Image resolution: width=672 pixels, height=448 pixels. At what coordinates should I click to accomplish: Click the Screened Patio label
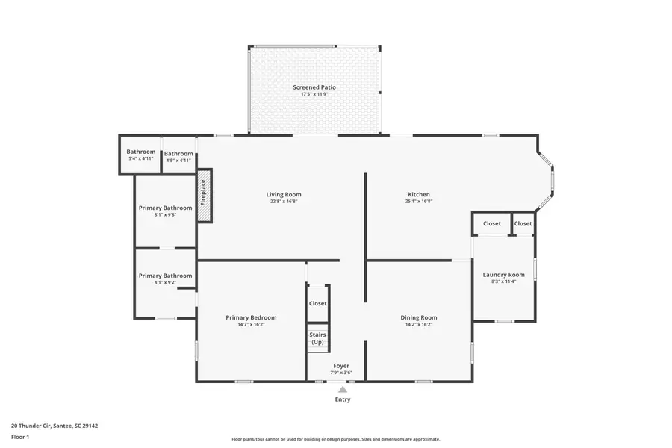point(314,87)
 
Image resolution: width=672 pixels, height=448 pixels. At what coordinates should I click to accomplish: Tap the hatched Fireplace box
point(204,195)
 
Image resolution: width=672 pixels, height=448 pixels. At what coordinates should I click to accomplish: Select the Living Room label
point(284,195)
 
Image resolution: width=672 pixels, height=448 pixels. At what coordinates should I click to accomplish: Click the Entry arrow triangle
point(342,389)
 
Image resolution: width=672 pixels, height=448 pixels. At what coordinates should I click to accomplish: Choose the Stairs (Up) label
point(317,338)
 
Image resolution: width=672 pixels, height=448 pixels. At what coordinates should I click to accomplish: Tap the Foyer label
point(341,366)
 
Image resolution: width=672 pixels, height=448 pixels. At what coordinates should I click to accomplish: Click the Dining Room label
point(418,317)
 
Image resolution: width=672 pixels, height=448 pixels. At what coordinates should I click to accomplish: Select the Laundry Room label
point(503,275)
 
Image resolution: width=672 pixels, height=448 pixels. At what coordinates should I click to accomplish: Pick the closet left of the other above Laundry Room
point(491,223)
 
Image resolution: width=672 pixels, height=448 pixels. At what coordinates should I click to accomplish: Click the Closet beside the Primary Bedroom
point(317,304)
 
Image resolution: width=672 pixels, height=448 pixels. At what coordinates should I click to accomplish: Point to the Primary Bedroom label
point(251,317)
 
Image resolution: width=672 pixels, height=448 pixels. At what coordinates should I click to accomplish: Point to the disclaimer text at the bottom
point(335,439)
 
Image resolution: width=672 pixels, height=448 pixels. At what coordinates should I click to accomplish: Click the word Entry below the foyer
point(342,399)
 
